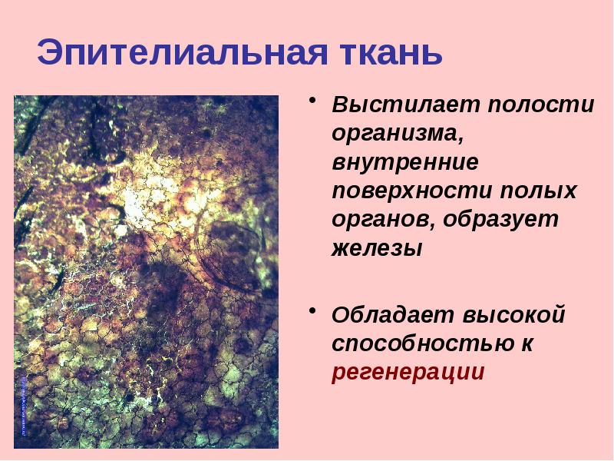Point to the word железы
point(377,248)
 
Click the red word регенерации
point(408,373)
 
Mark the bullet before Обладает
point(313,310)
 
